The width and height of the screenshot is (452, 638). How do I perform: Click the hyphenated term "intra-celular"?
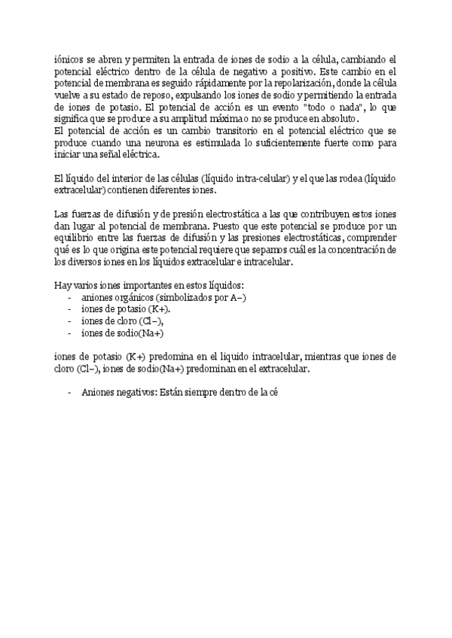260,178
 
